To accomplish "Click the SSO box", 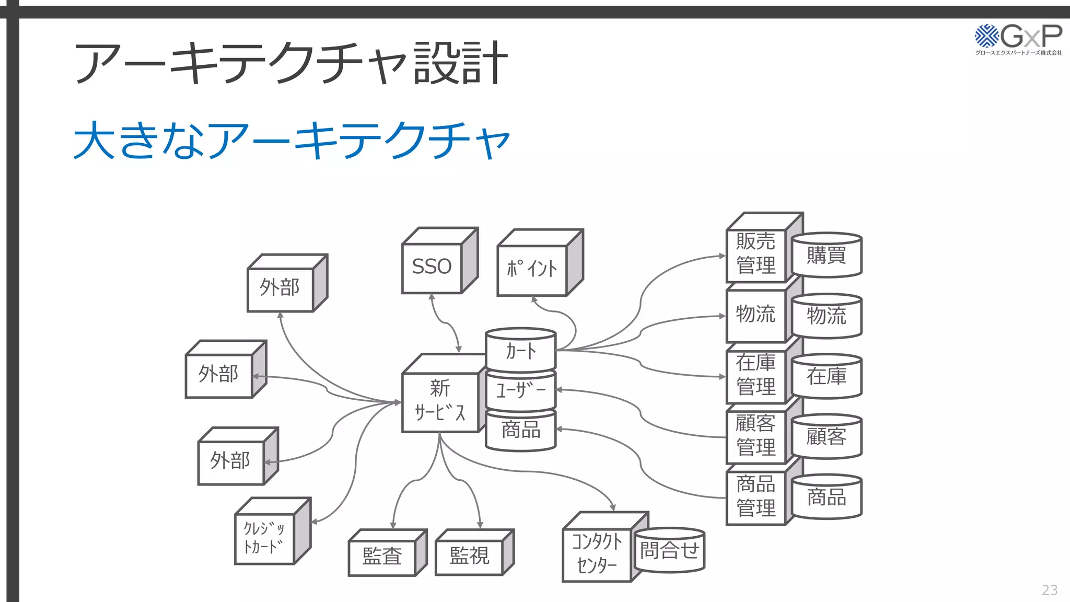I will (432, 267).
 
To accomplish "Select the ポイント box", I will (532, 269).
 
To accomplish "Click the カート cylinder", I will (520, 351).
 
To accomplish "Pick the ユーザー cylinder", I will (520, 390).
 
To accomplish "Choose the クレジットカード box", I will (264, 538).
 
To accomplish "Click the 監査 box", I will (382, 556).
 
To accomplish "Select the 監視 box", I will (469, 555).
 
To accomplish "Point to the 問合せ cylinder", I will (669, 551).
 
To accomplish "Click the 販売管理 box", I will (755, 254).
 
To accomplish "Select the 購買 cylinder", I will (826, 256).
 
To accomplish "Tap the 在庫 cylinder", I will (826, 376).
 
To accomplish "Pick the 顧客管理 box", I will (755, 435).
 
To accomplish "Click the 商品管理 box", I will (755, 496).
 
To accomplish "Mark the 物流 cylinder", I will (826, 316).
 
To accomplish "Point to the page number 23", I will (1049, 590).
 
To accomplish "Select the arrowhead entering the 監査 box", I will (393, 525).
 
